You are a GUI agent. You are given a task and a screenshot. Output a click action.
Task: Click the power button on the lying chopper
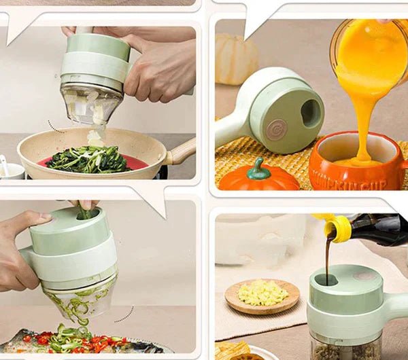276,129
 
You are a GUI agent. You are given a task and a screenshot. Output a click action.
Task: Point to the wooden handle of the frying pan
182,151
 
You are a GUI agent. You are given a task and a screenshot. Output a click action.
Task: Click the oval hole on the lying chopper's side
310,113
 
